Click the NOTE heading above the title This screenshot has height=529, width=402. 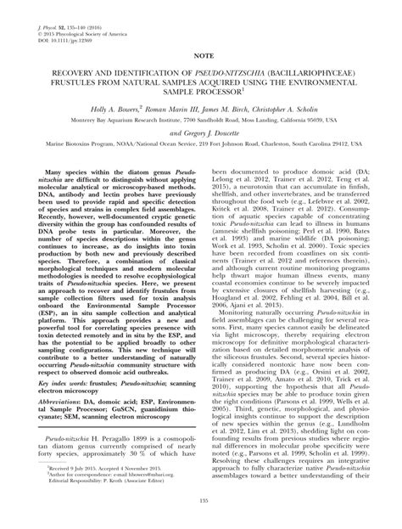point(201,53)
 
